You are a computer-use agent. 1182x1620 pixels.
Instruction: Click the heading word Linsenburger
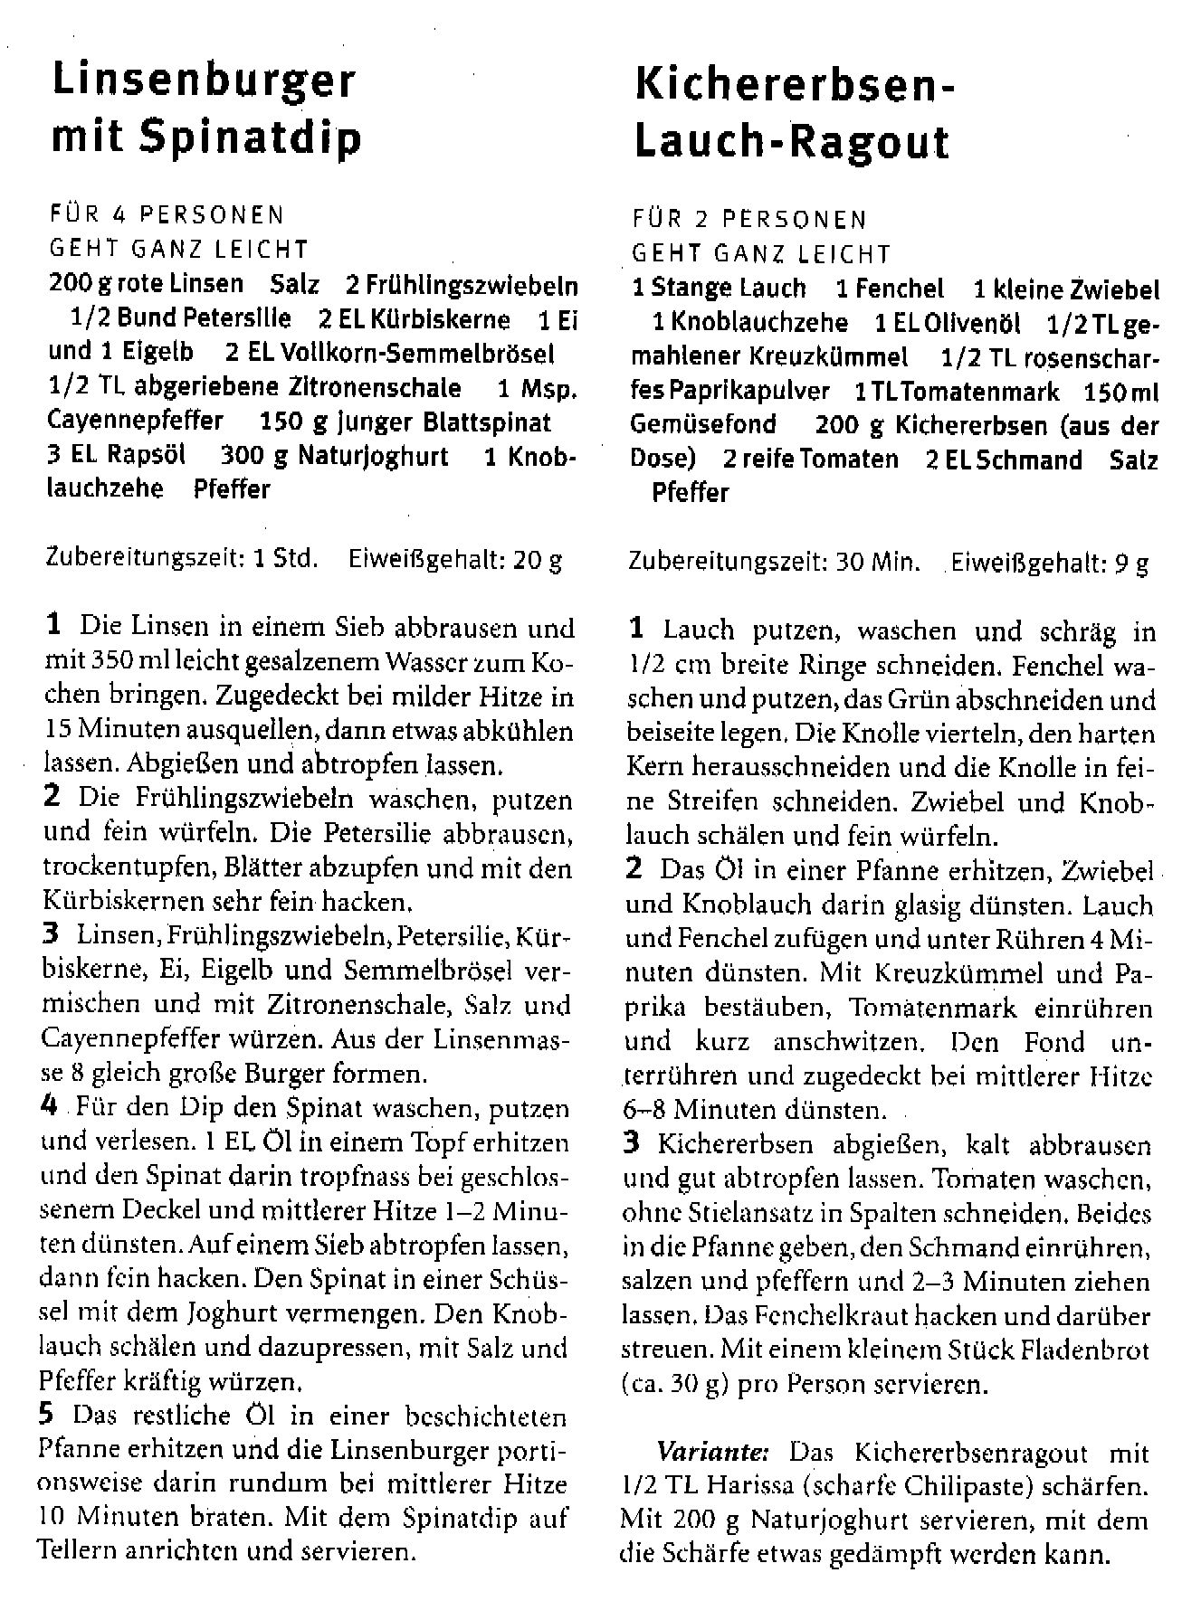(204, 82)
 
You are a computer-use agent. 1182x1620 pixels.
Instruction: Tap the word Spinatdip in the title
(252, 137)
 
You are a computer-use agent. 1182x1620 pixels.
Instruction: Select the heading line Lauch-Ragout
(792, 142)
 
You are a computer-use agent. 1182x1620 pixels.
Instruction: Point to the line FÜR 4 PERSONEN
(167, 215)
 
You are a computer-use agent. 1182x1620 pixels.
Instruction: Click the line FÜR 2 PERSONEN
(749, 220)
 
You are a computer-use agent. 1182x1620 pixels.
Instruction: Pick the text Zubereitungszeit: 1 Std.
(181, 559)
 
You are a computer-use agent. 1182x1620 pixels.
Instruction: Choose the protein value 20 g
(538, 560)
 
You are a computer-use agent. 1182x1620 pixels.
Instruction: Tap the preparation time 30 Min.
(878, 563)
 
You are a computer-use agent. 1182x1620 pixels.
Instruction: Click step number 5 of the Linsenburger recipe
(51, 1415)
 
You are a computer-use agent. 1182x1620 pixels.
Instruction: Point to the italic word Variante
(711, 1454)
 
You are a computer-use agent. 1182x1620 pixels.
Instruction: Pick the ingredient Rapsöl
(147, 455)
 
